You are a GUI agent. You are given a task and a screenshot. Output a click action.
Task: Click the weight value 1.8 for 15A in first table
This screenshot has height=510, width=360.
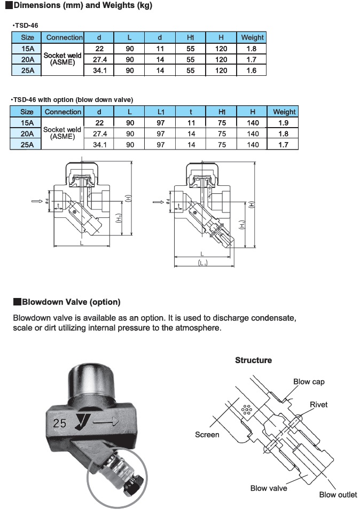coord(252,49)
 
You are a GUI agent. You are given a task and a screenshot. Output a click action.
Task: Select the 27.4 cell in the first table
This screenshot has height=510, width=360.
coord(99,59)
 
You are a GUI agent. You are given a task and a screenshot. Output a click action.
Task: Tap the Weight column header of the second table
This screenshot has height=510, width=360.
coord(284,112)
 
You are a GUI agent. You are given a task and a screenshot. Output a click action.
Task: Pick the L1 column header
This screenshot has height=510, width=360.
coord(161,112)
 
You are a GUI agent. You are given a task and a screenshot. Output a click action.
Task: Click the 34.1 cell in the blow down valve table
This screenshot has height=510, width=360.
coord(100,145)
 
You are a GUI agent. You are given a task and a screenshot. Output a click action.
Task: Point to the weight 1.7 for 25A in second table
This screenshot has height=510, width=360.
coord(284,145)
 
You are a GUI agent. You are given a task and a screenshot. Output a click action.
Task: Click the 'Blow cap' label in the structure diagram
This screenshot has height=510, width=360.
coord(309,382)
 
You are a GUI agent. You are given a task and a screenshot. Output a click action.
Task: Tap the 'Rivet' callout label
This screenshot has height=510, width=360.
coord(319,405)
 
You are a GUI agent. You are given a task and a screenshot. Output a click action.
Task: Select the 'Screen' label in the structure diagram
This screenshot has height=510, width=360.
coord(207,435)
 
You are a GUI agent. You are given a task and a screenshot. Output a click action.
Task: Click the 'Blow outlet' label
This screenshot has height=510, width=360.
coord(338,495)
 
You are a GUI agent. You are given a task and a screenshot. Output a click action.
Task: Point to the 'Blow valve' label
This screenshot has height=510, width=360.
coord(269,488)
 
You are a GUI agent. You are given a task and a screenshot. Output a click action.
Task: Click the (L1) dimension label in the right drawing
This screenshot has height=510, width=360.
coord(202,264)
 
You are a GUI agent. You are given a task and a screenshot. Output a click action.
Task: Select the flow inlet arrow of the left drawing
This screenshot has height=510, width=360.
coord(36,201)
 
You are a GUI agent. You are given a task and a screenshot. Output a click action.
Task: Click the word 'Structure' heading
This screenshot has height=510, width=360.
coord(254,360)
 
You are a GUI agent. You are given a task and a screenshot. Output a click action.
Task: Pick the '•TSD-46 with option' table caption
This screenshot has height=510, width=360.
coord(72,100)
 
